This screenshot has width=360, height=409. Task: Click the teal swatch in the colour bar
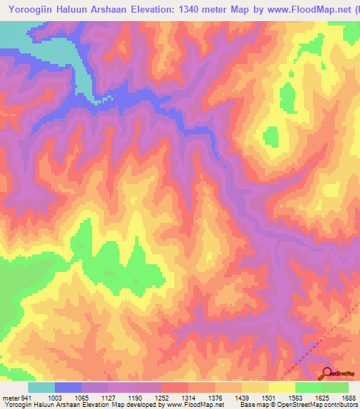(41, 387)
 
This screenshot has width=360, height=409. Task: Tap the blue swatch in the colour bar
(68, 387)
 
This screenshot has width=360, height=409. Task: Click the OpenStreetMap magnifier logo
(326, 374)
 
